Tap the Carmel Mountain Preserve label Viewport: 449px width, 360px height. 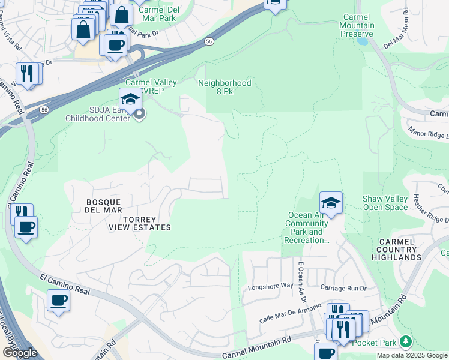(x=357, y=26)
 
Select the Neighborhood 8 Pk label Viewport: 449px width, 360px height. (x=224, y=87)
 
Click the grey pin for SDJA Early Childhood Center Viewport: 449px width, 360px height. (x=139, y=114)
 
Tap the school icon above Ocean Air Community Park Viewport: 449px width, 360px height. (x=331, y=203)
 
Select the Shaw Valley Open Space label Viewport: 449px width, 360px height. (x=385, y=203)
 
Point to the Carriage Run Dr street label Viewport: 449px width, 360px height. (x=343, y=288)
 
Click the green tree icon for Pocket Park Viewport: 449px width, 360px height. (x=406, y=342)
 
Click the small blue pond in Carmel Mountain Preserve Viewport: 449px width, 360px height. (x=363, y=41)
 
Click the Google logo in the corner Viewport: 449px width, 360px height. (x=20, y=353)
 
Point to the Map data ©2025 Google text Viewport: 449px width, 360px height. (x=411, y=355)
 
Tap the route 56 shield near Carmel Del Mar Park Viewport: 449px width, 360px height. (x=208, y=41)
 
